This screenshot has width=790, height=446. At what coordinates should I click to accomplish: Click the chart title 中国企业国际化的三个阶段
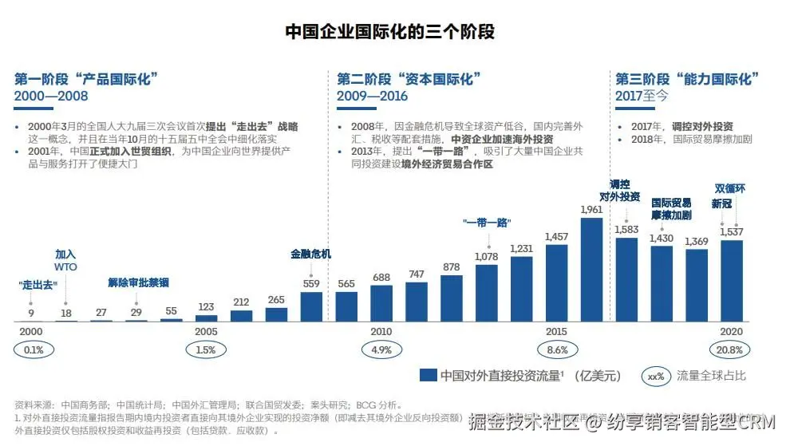pos(390,33)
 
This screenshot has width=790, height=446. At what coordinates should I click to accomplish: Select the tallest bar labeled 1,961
pos(591,269)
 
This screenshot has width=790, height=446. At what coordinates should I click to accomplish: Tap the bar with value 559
pos(311,306)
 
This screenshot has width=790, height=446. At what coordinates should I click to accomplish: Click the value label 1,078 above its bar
pos(486,257)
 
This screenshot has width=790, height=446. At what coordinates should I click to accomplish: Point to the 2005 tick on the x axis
pos(206,331)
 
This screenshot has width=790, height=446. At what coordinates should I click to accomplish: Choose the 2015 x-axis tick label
pos(556,331)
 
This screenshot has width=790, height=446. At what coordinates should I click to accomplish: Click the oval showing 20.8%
pos(731,349)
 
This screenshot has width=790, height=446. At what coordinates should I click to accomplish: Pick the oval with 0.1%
pos(33,349)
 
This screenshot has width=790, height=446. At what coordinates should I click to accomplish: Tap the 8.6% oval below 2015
pos(556,349)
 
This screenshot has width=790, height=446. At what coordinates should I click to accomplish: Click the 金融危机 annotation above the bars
pos(311,255)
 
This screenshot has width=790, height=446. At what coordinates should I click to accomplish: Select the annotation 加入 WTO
pos(66,260)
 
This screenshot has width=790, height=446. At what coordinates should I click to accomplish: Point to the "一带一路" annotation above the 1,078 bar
pos(486,222)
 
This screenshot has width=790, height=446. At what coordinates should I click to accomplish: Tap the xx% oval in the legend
pos(656,375)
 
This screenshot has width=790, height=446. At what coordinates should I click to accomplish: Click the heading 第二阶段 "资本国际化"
pos(407,79)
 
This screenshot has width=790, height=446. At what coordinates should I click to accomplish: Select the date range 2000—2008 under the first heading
pos(51,97)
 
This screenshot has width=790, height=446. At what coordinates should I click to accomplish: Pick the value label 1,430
pos(662,238)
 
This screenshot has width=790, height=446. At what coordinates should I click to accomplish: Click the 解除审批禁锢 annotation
pos(138,282)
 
